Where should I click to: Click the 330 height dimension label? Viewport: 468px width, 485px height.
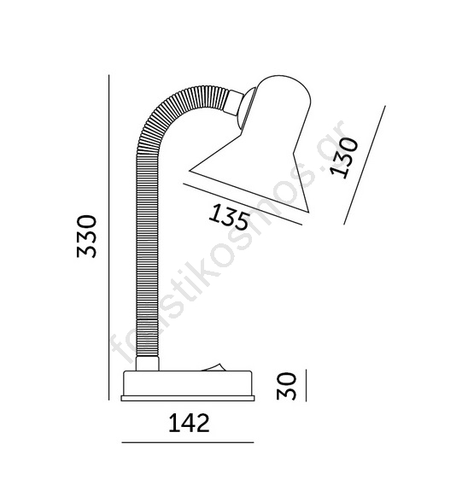86,237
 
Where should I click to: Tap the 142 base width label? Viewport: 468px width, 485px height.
189,423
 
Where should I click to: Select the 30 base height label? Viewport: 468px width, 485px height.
286,386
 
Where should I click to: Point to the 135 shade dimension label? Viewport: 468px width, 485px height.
229,216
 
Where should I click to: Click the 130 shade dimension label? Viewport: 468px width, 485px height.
344,158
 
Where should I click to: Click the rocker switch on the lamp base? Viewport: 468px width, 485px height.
213,367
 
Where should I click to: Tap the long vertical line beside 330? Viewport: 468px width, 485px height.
108,237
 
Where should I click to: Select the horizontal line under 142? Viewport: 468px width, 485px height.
188,442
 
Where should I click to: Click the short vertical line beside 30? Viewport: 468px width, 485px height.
306,385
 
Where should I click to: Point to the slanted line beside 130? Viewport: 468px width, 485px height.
365,165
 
